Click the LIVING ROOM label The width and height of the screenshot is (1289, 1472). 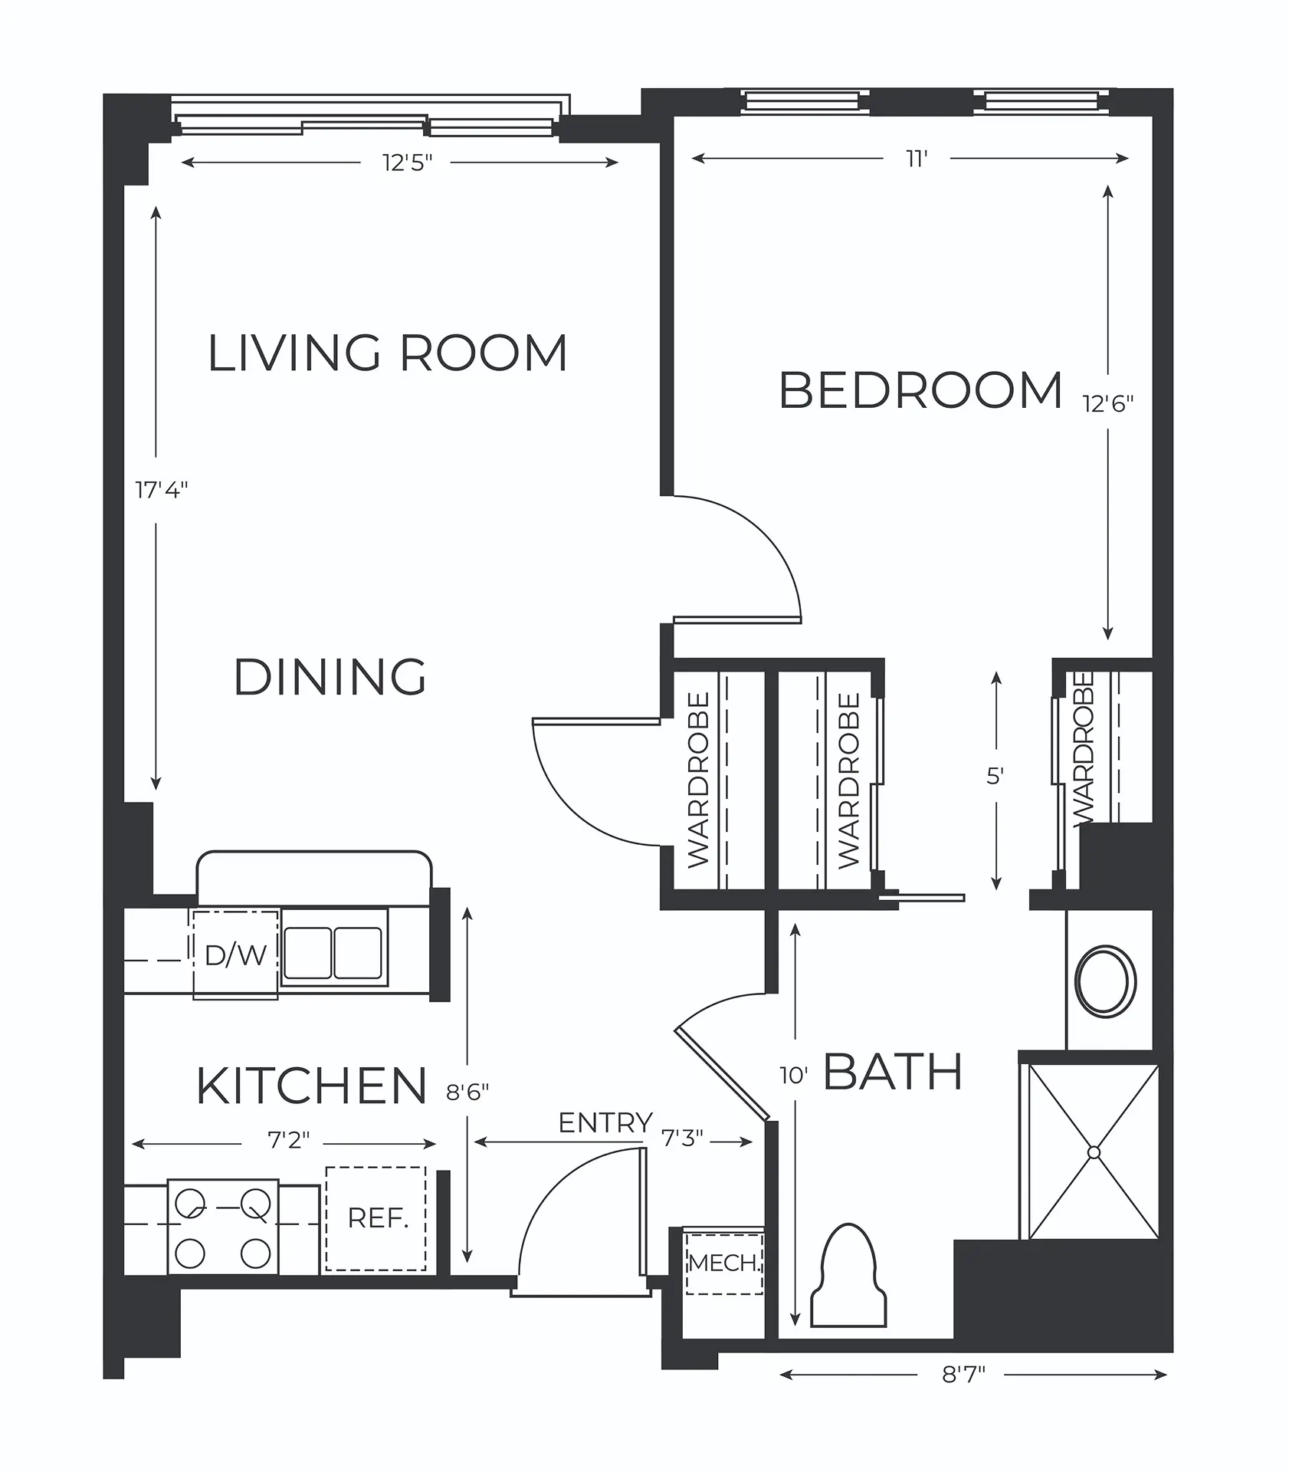pyautogui.click(x=388, y=353)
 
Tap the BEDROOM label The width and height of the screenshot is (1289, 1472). pyautogui.click(x=920, y=390)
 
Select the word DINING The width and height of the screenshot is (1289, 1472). pyautogui.click(x=330, y=677)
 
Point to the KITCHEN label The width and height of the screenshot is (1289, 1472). pyautogui.click(x=311, y=1086)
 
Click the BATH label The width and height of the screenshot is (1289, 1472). pyautogui.click(x=893, y=1071)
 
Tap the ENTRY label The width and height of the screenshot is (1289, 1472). pyautogui.click(x=605, y=1123)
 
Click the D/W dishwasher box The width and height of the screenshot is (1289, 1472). pyautogui.click(x=236, y=955)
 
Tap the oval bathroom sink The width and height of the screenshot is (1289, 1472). pyautogui.click(x=1106, y=982)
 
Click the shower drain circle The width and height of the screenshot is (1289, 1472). pyautogui.click(x=1094, y=1152)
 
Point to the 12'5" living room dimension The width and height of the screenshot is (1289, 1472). pyautogui.click(x=408, y=163)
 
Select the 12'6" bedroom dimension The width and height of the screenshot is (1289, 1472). pyautogui.click(x=1107, y=403)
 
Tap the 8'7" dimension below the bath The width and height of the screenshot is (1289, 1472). pyautogui.click(x=963, y=1375)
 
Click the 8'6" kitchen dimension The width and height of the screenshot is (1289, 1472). pyautogui.click(x=467, y=1092)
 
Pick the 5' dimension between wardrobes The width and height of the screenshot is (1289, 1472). pyautogui.click(x=995, y=777)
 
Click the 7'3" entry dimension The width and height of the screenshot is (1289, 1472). pyautogui.click(x=682, y=1138)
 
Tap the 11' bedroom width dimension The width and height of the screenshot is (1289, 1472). pyautogui.click(x=917, y=159)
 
